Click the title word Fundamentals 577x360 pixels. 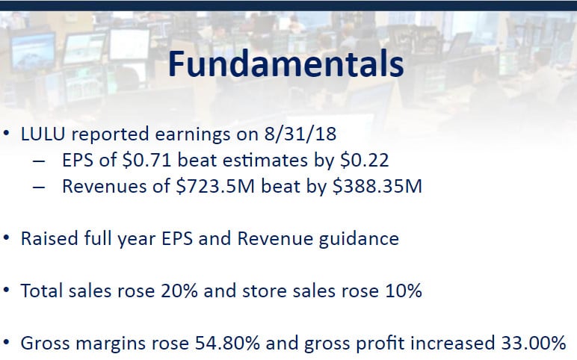coord(286,64)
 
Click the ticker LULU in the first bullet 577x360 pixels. coord(43,134)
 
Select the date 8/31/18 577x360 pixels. coord(300,134)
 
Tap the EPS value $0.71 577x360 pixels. coord(147,161)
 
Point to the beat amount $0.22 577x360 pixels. coord(364,161)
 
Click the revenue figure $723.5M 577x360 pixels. coord(215,186)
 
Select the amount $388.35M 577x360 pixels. coord(377,186)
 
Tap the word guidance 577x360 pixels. coord(359,239)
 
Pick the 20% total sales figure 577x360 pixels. coord(179,291)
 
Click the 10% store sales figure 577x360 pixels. coord(404,291)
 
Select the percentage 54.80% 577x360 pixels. coord(227,343)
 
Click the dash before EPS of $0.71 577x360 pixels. coord(39,161)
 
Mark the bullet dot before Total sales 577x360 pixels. coord(6,291)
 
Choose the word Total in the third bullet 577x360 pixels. coord(42,291)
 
